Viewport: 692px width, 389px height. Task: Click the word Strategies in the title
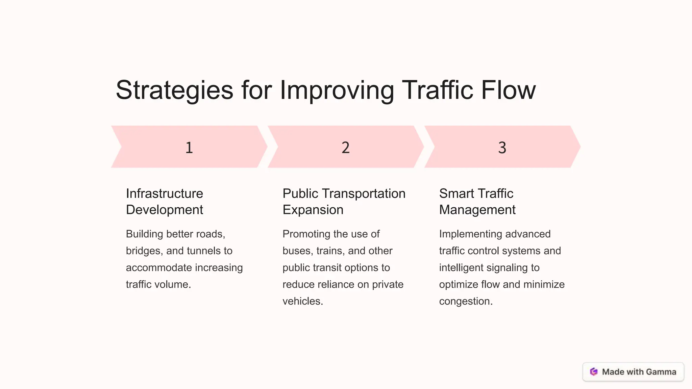click(174, 90)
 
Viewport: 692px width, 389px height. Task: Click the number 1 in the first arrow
click(189, 148)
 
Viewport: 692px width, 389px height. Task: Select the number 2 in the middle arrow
click(345, 148)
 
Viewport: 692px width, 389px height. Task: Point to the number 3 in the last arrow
click(502, 148)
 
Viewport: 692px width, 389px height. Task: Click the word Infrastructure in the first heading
click(165, 193)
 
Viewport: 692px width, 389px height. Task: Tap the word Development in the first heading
click(165, 210)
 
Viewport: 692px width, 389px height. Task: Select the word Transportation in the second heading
click(364, 193)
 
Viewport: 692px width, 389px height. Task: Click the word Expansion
click(313, 210)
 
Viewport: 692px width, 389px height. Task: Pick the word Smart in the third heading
click(456, 193)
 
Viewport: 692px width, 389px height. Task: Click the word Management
click(477, 210)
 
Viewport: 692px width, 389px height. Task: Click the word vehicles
click(302, 301)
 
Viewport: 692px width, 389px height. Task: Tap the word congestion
click(465, 301)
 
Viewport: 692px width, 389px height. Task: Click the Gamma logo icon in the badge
click(594, 372)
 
